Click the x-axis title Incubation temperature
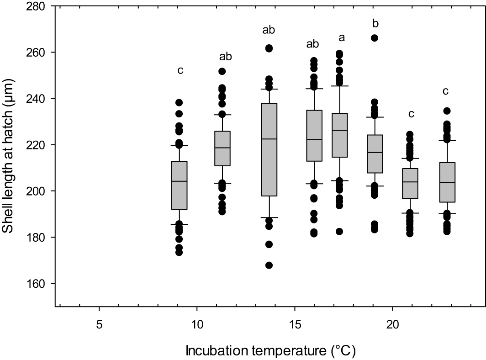(x=270, y=351)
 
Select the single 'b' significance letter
(x=375, y=23)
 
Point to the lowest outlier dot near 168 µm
(x=269, y=265)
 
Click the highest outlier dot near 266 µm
(x=374, y=38)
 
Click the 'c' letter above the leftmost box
(x=180, y=70)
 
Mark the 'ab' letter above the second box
(x=226, y=57)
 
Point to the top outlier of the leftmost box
(x=179, y=102)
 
